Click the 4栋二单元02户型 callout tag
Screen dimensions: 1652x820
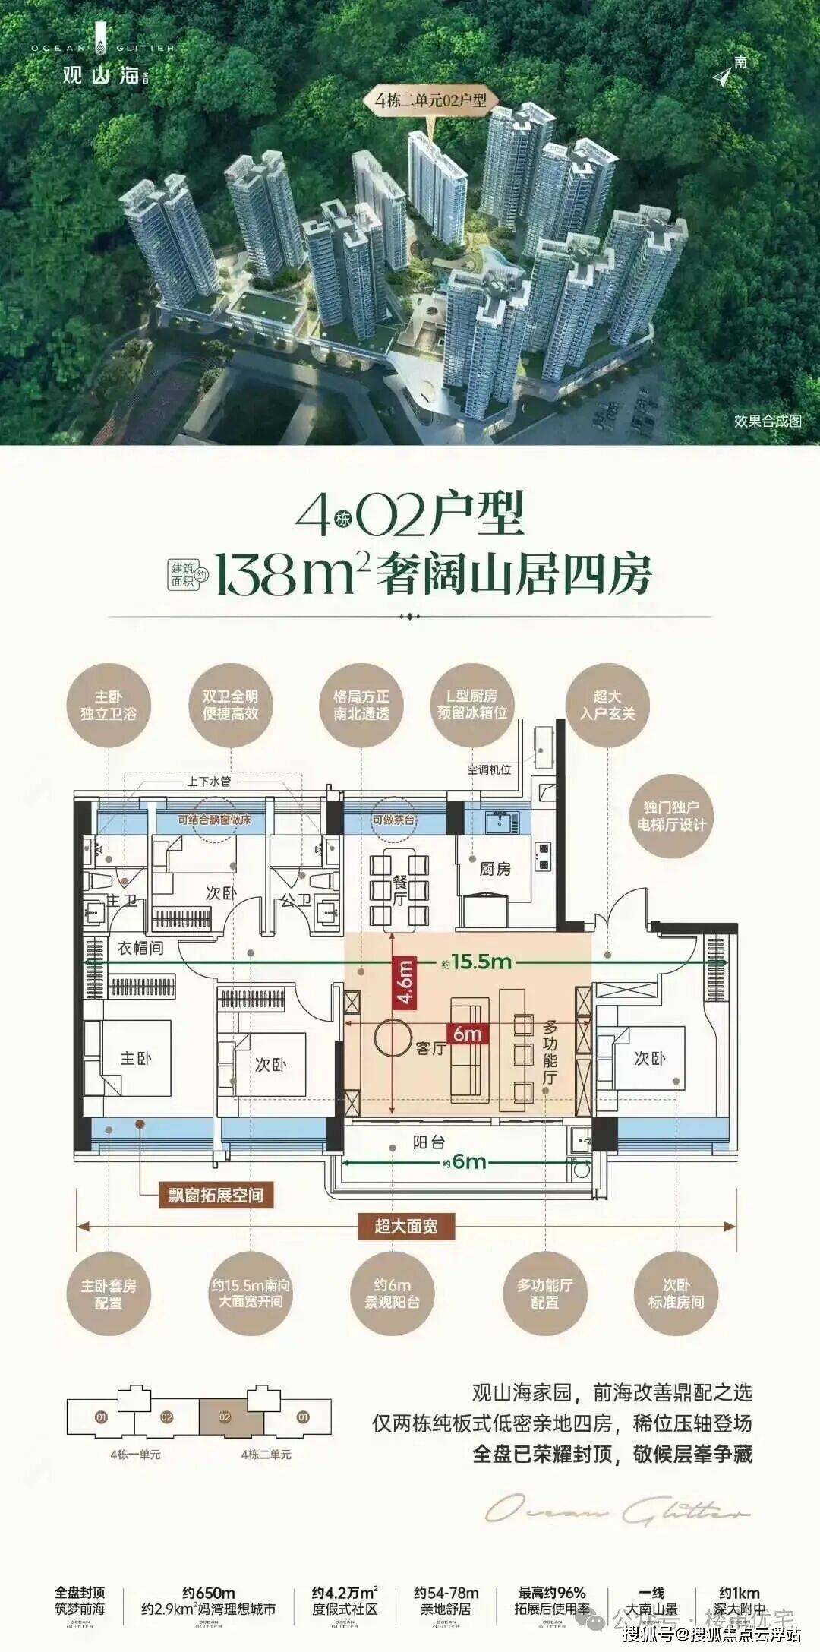click(430, 100)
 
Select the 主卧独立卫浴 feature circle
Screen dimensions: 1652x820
click(109, 705)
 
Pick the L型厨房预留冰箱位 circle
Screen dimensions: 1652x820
click(471, 705)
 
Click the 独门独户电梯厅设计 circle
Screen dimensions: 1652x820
click(671, 816)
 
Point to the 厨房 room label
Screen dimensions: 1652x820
click(495, 869)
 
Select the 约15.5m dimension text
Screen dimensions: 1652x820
click(477, 962)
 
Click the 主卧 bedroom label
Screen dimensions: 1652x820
click(135, 1058)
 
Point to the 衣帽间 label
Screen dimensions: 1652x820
click(140, 948)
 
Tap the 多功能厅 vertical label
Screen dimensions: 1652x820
click(550, 1052)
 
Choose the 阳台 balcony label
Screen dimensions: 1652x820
click(428, 1142)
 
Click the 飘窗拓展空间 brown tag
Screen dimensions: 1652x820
click(216, 1196)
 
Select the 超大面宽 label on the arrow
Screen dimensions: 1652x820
click(405, 1226)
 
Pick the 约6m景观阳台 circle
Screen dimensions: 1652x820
click(392, 1293)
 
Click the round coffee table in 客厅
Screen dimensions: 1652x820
click(393, 1038)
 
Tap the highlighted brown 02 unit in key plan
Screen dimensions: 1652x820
click(224, 1417)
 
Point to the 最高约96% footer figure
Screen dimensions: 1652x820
click(552, 1593)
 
